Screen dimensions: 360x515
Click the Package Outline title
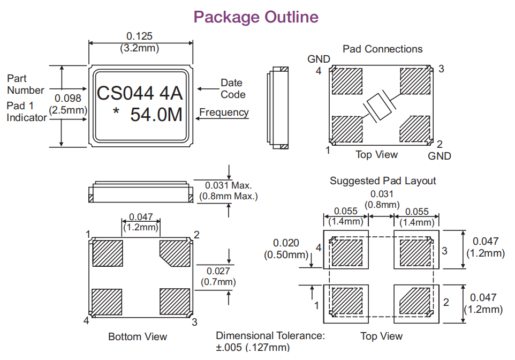coord(256,17)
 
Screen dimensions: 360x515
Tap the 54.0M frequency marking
coord(156,115)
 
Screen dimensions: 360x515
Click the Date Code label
coord(232,88)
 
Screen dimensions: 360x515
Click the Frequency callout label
coord(224,112)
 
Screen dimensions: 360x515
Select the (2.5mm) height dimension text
coord(69,110)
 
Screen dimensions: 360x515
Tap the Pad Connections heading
coord(382,49)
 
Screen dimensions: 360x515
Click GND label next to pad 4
coord(319,59)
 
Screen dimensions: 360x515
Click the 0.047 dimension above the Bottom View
coord(141,217)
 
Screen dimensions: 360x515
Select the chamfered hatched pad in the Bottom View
coord(175,253)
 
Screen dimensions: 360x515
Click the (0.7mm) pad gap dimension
coord(218,282)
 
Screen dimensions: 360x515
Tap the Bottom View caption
coord(138,336)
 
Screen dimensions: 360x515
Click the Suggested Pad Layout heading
coord(382,181)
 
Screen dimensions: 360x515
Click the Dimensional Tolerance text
coord(270,336)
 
